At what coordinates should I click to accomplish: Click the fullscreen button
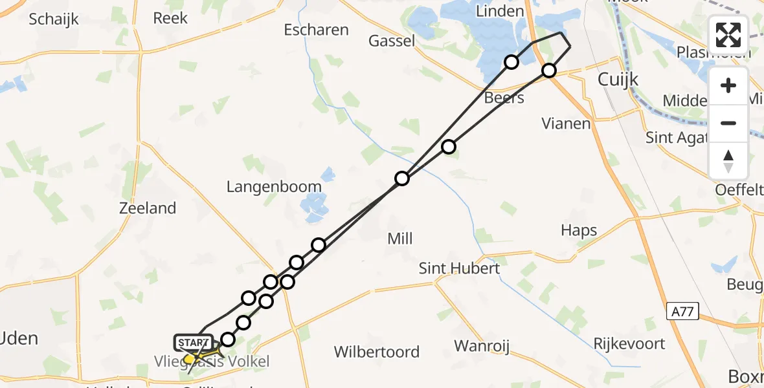728,35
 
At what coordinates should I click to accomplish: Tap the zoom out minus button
728,123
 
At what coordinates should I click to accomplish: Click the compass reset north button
728,161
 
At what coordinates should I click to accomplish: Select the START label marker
193,343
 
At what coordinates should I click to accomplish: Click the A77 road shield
682,312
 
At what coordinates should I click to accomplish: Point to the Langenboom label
274,187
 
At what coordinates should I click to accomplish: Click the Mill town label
399,239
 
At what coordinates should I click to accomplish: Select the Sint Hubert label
459,268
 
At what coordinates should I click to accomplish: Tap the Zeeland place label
148,208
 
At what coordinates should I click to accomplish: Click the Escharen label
316,30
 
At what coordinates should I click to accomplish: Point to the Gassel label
392,41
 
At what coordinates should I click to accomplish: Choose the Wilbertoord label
377,352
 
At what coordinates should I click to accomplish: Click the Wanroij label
482,346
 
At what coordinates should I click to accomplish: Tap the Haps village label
579,231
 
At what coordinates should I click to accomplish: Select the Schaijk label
54,19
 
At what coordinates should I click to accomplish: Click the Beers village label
504,98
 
